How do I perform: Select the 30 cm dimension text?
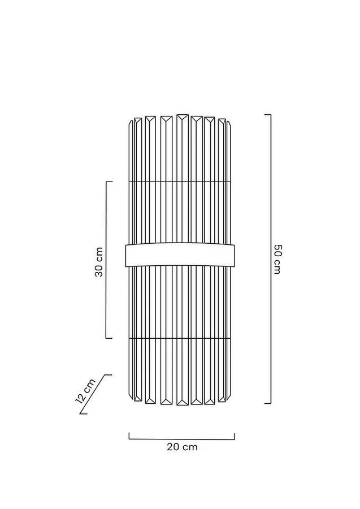(x=99, y=262)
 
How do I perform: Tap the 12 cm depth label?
(x=85, y=391)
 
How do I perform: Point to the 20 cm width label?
(x=183, y=447)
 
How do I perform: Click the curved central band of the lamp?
(x=180, y=255)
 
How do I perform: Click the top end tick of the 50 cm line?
(x=267, y=115)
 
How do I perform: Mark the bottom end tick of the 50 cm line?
(x=267, y=403)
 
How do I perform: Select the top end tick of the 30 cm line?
(x=109, y=182)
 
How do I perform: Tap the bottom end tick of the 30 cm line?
(x=109, y=338)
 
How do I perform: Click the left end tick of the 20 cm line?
(x=129, y=436)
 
